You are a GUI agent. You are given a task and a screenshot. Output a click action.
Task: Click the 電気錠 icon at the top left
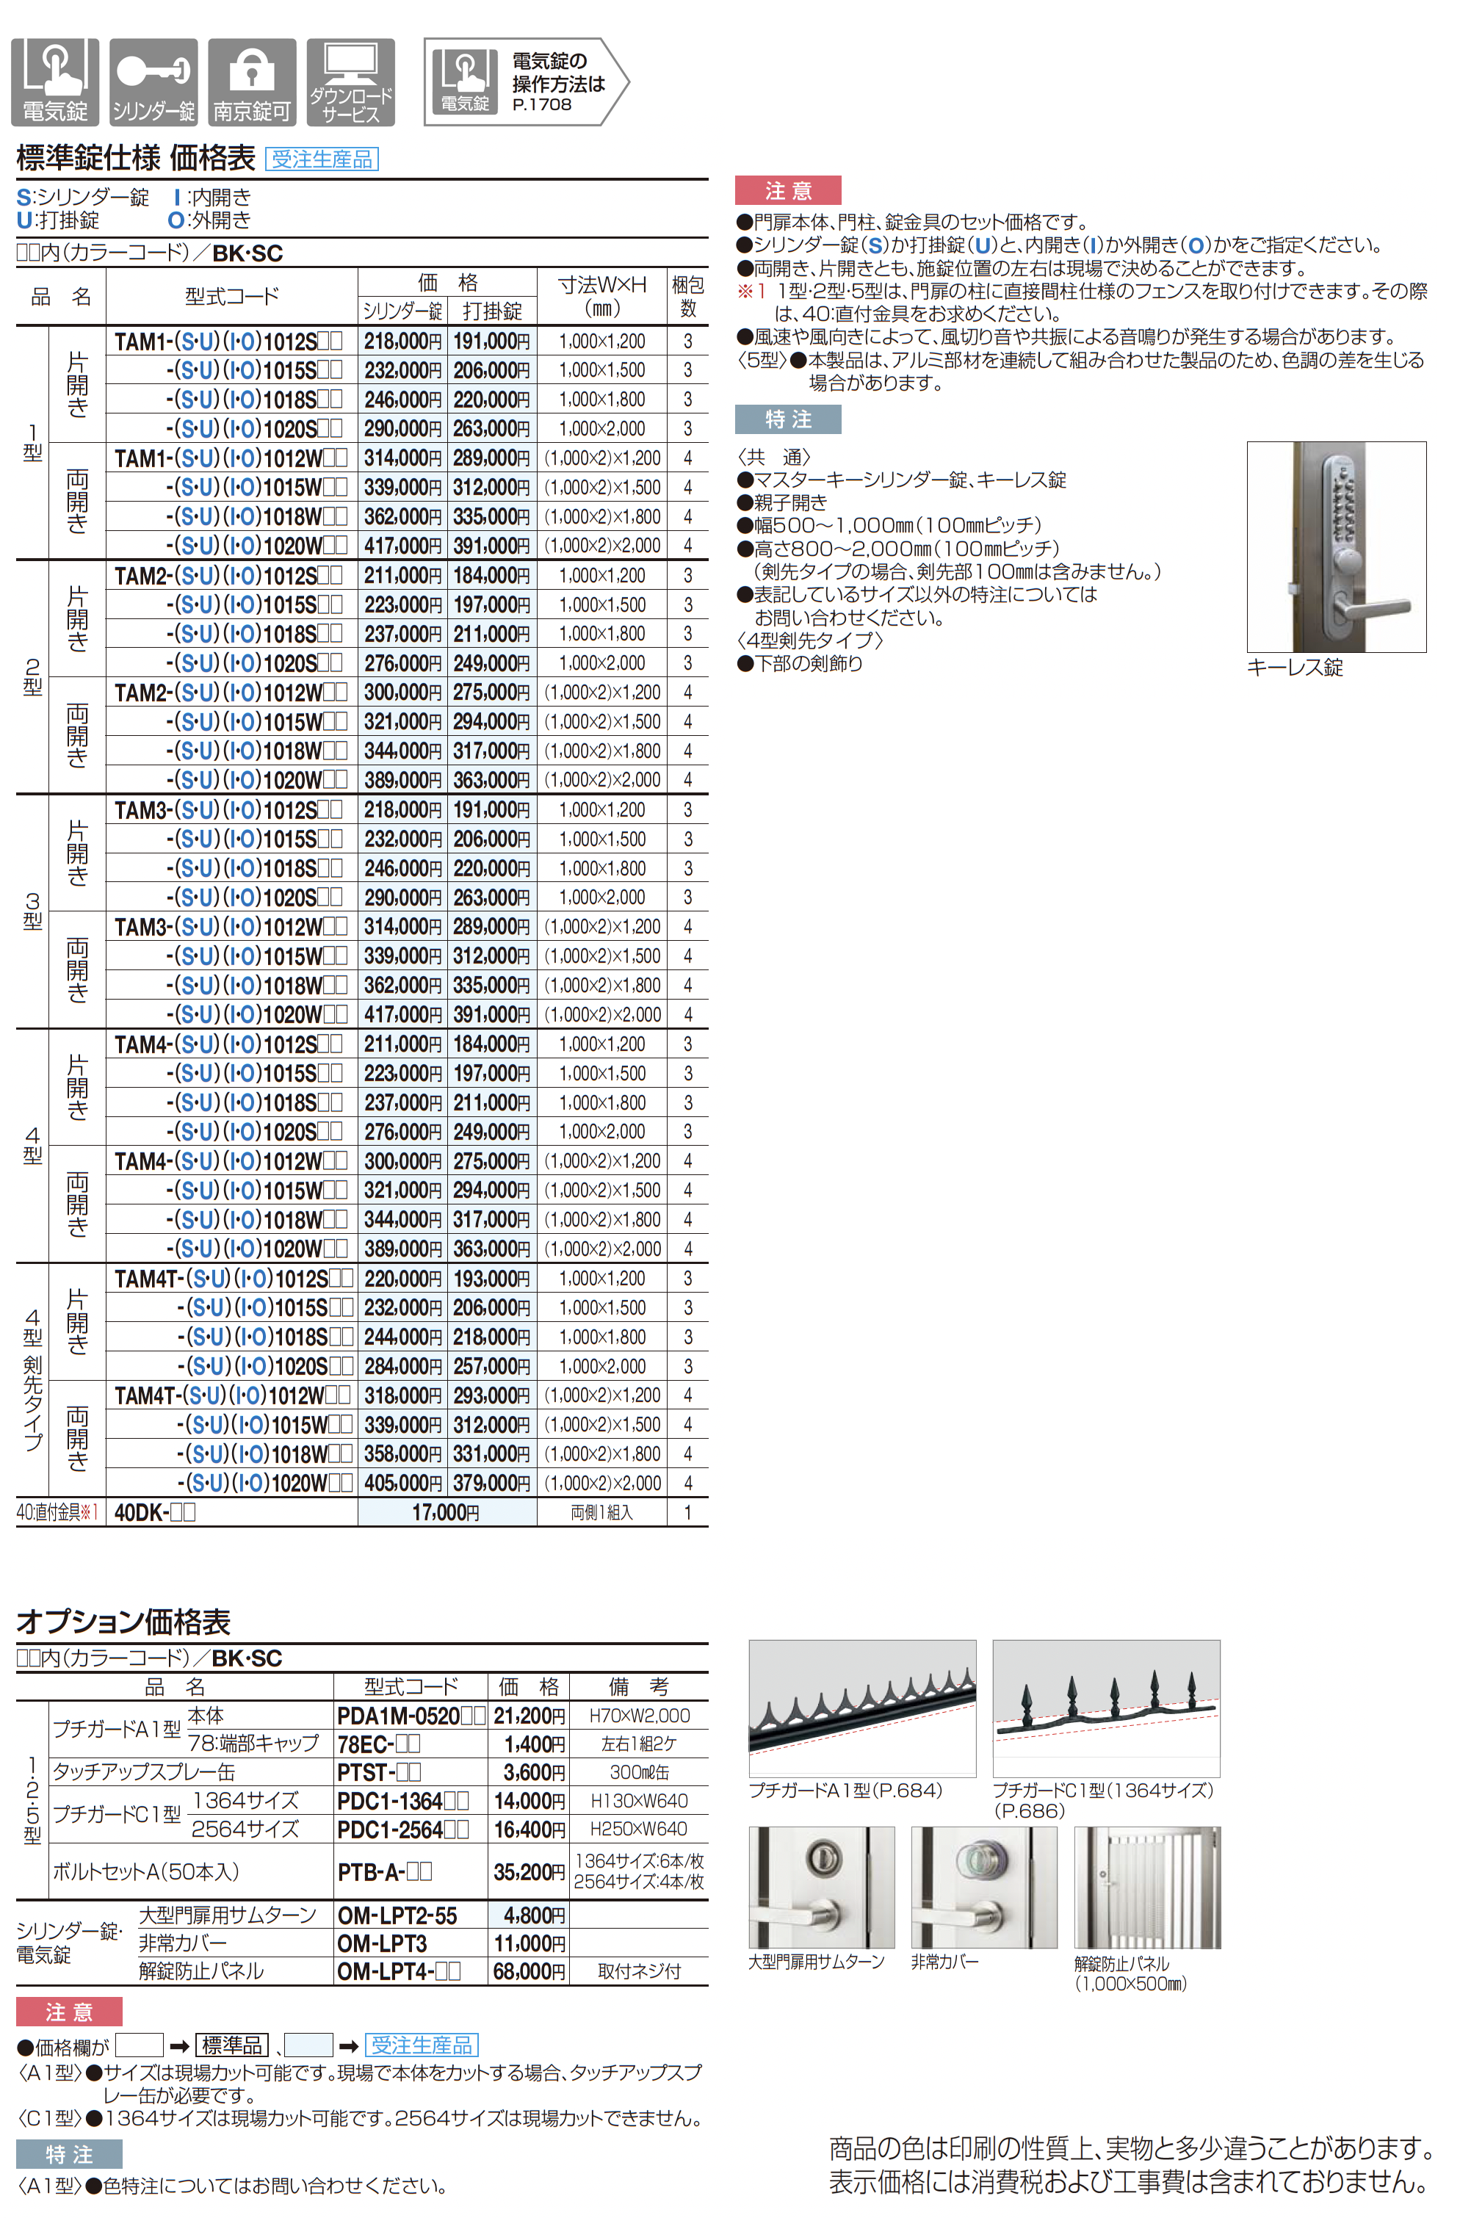(x=55, y=82)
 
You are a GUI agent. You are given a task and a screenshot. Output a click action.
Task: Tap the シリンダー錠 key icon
(x=153, y=82)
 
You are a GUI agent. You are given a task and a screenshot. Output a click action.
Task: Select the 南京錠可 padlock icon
(x=252, y=82)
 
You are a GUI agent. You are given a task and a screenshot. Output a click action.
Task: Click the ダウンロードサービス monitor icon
(x=350, y=82)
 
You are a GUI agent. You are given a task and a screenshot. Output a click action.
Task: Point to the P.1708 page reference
(x=541, y=105)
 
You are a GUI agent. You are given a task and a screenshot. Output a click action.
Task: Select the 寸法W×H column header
(x=602, y=295)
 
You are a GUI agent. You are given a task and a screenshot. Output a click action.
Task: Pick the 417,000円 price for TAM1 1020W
(x=402, y=545)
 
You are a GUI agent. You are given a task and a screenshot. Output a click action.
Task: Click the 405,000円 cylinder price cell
(x=402, y=1483)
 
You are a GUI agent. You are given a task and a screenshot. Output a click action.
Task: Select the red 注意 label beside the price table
(x=787, y=191)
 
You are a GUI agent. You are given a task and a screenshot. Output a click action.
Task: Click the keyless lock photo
(x=1336, y=547)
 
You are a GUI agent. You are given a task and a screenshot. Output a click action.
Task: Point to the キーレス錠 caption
(x=1294, y=668)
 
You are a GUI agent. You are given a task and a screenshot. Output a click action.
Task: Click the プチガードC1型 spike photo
(x=1106, y=1708)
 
